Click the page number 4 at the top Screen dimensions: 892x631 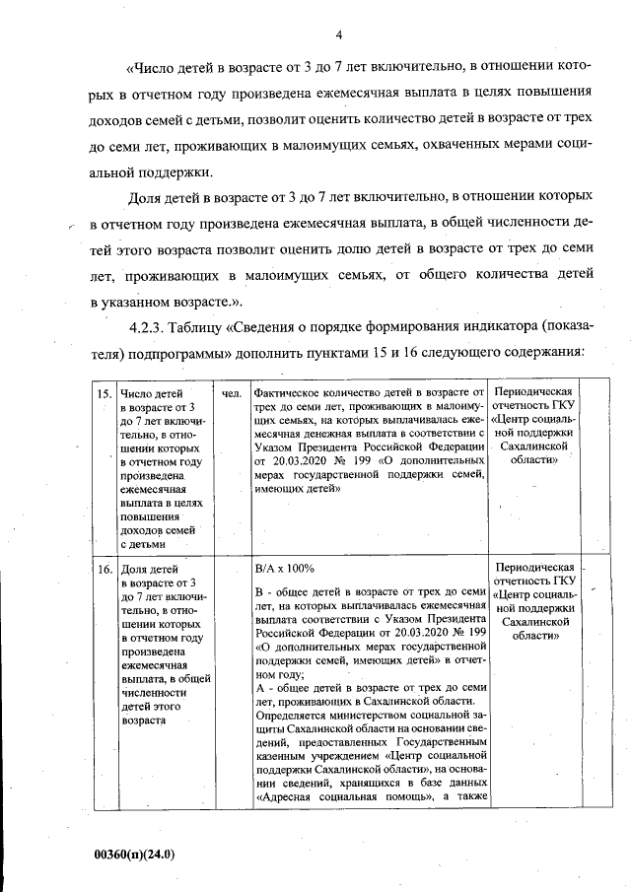[337, 35]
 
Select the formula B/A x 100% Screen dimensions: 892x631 [284, 569]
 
